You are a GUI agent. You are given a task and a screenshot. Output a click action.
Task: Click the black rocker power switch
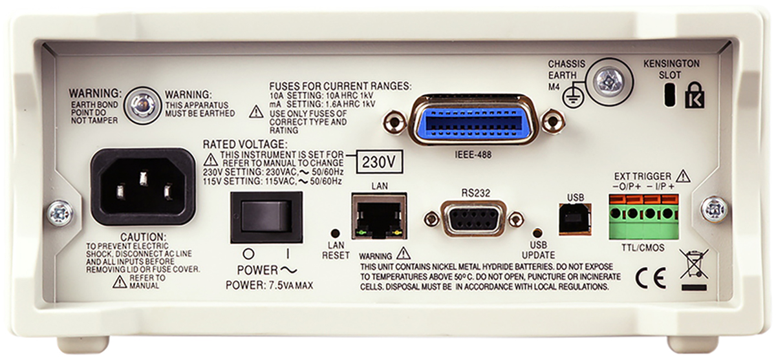tap(266, 218)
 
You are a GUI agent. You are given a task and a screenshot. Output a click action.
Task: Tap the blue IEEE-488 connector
tap(474, 120)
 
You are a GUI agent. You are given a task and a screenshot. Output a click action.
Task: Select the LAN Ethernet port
tap(380, 216)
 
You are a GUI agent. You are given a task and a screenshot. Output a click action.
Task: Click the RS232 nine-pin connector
tap(473, 218)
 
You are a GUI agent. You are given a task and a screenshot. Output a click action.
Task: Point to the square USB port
tap(575, 219)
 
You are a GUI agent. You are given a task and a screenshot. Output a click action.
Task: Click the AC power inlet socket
tap(143, 187)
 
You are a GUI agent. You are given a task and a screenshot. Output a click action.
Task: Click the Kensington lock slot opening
tap(671, 94)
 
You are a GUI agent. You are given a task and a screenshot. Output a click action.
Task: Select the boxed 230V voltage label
tap(379, 162)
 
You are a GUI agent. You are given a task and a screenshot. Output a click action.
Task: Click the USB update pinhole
tap(538, 232)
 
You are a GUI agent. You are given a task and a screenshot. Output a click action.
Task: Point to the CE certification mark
tap(651, 278)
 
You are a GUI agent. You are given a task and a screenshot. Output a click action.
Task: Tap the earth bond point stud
tap(142, 105)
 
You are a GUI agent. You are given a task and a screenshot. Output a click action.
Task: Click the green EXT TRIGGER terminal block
tap(644, 217)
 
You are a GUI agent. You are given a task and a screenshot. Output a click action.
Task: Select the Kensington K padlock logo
tap(695, 95)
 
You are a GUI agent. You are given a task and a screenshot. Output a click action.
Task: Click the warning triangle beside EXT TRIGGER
tap(683, 176)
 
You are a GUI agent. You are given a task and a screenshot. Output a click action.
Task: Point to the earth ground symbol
tap(574, 96)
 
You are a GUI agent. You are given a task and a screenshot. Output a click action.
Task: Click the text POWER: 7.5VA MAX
tap(269, 285)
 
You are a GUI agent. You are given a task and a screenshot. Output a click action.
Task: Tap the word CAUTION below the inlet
tap(143, 237)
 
